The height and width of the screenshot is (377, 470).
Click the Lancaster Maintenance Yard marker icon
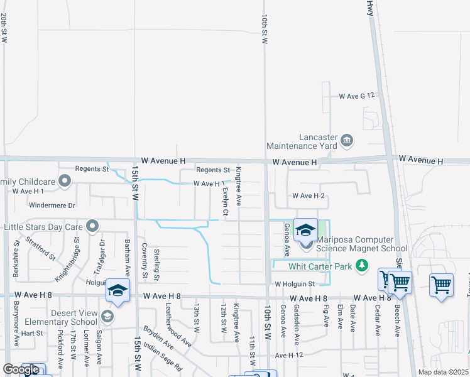point(347,139)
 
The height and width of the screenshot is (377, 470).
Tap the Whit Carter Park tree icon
point(361,266)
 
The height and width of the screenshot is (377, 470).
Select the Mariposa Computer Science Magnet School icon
point(306,231)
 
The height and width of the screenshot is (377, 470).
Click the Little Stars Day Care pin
point(93,226)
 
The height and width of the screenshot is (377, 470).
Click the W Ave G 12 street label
point(356,96)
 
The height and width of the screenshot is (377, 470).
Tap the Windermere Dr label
point(52,205)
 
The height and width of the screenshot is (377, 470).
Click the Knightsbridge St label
point(69,258)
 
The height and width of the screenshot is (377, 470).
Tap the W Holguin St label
point(293,284)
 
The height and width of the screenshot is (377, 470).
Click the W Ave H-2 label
point(308,196)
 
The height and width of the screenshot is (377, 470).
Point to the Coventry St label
point(144,261)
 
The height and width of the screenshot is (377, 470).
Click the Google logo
point(21,369)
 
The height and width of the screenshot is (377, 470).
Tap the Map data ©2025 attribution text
point(443,373)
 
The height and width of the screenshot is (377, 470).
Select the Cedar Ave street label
point(378,320)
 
